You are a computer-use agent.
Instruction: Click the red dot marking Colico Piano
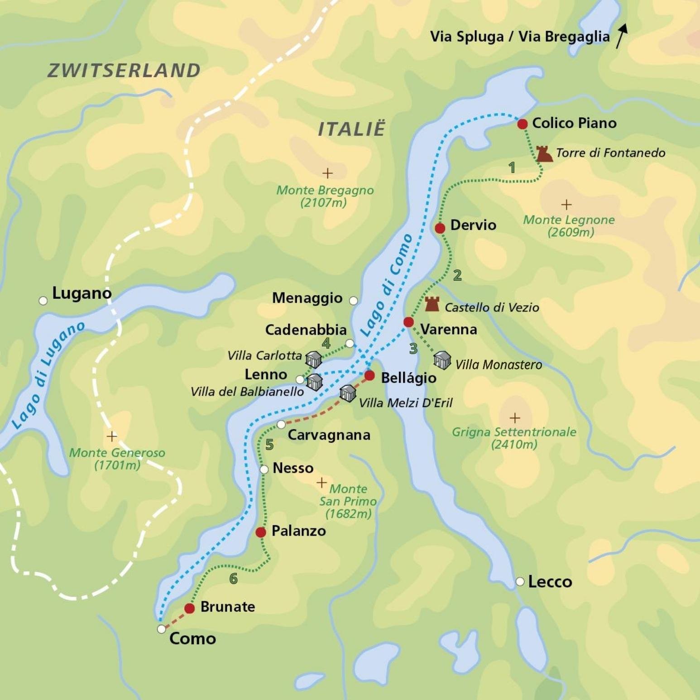[522, 124]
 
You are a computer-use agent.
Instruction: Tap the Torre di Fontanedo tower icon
[544, 154]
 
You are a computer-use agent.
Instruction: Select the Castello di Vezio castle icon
[432, 304]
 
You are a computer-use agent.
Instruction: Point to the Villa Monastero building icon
[442, 360]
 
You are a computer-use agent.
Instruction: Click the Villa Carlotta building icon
[313, 359]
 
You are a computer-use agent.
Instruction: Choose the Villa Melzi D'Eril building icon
[348, 393]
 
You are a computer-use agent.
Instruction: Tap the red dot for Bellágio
[369, 375]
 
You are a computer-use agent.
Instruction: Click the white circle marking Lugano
[43, 301]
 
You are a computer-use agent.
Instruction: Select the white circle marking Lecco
[520, 581]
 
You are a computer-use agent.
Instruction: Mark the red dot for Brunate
[190, 608]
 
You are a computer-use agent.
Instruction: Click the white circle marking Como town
[161, 629]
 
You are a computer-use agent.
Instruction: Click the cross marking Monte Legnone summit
[566, 205]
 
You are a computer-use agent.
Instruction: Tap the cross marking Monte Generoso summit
[112, 436]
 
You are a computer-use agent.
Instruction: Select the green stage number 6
[233, 578]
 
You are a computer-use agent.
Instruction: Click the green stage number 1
[512, 168]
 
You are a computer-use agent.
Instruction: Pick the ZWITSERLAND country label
[124, 71]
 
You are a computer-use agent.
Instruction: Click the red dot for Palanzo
[260, 532]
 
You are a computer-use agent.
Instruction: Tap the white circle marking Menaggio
[353, 300]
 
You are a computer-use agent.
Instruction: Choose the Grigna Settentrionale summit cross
[514, 417]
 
